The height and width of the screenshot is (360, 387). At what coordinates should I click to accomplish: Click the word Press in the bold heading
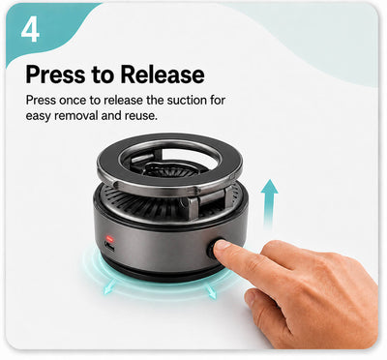[x=56, y=75]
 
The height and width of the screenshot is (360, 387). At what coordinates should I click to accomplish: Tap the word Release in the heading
[x=163, y=75]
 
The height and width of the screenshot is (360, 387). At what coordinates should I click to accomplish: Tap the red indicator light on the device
[x=110, y=239]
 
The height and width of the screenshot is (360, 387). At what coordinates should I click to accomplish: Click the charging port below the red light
[x=109, y=248]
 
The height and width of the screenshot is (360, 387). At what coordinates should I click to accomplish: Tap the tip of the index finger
[x=220, y=247]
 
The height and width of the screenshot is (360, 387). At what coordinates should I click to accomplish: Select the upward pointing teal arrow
[x=269, y=203]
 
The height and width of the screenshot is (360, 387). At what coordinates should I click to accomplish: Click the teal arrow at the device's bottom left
[x=109, y=287]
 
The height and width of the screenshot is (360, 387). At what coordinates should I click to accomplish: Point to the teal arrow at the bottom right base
[x=211, y=291]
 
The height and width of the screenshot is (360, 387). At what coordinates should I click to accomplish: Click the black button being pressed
[x=214, y=249]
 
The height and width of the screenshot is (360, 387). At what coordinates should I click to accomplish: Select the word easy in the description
[x=39, y=116]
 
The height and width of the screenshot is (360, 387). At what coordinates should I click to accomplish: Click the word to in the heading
[x=103, y=75]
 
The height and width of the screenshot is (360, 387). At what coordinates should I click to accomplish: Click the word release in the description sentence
[x=123, y=101]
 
